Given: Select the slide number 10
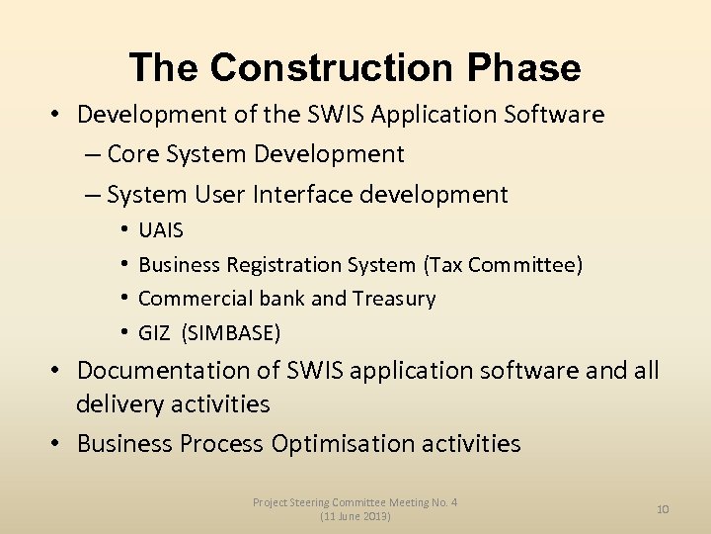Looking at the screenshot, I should [x=663, y=509].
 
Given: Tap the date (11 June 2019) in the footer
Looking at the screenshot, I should [x=355, y=517].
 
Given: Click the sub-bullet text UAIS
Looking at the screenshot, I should [x=161, y=230].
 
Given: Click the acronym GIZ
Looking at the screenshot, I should [x=154, y=332].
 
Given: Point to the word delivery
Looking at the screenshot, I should [x=118, y=403].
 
